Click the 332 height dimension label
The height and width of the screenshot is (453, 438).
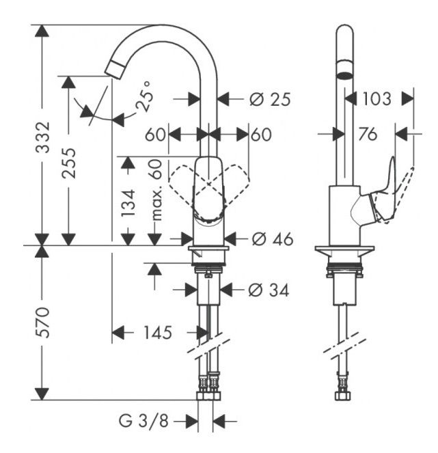tap(42, 137)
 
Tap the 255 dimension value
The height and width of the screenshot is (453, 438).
tap(69, 163)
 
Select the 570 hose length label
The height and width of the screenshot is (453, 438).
tap(42, 322)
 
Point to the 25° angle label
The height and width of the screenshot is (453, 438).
tap(143, 96)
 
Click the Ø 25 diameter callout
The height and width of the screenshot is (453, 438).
tap(270, 100)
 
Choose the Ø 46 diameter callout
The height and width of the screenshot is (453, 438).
tap(272, 239)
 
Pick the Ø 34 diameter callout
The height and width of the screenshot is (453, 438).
tap(269, 290)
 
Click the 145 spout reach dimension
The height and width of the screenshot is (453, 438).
tap(157, 333)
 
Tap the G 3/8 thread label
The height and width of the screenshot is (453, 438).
tap(143, 421)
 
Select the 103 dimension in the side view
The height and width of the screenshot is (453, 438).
tap(377, 99)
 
